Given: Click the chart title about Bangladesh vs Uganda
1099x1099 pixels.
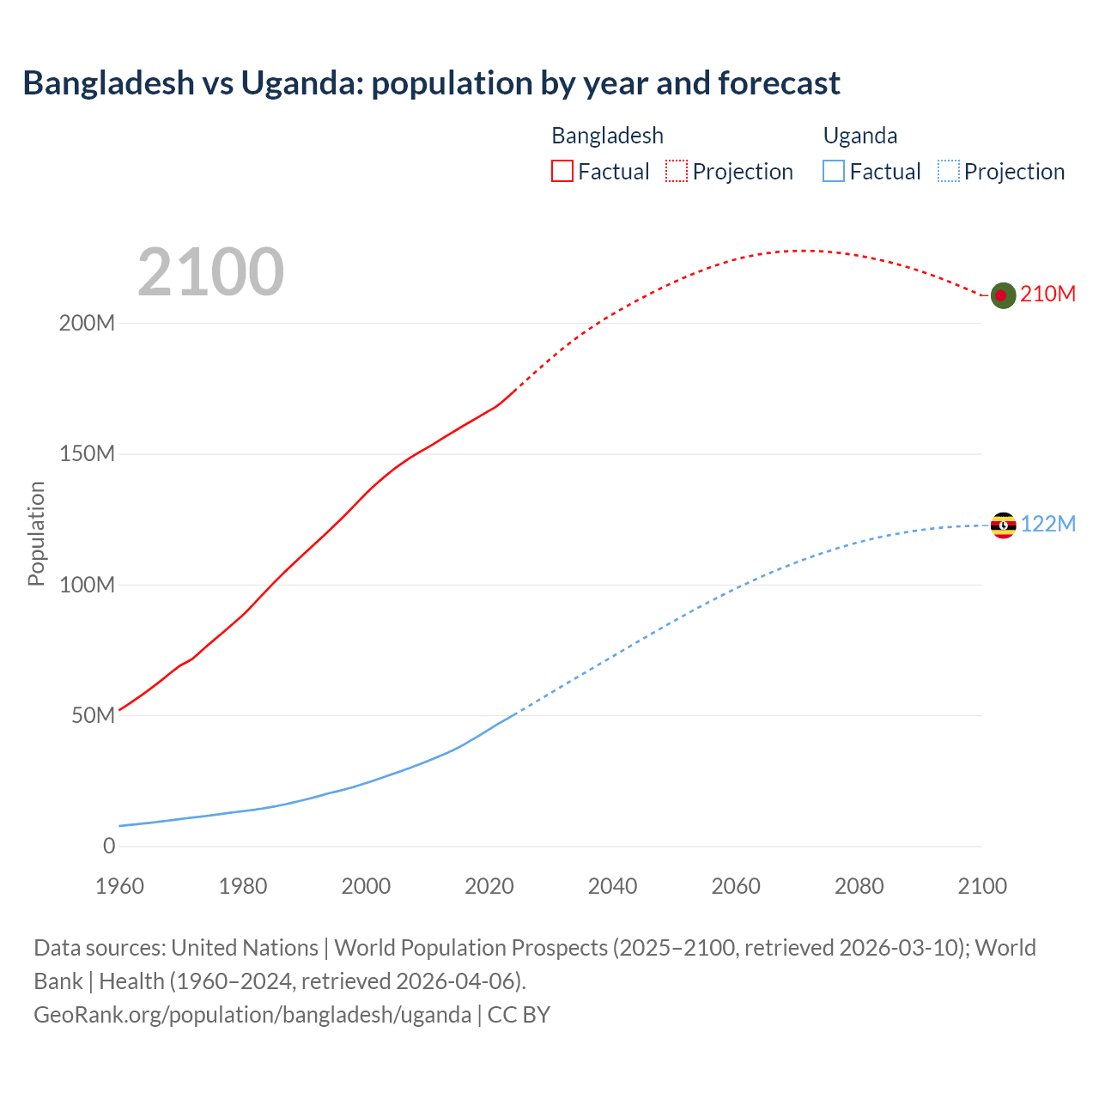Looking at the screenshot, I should (431, 83).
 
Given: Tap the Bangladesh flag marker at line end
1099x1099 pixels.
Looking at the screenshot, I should (1003, 295).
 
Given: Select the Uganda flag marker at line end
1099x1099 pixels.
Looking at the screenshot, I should (1003, 525).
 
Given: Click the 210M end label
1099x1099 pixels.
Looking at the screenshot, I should (1047, 294).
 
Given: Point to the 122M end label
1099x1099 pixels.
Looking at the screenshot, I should (1047, 524).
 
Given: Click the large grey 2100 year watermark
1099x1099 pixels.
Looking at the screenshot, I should (210, 272).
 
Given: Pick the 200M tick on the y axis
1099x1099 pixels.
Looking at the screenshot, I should (87, 324).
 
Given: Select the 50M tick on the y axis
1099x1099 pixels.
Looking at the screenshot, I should (93, 716).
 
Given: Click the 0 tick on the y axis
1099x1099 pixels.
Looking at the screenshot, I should (109, 847).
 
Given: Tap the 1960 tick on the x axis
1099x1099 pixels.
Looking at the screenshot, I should (119, 886).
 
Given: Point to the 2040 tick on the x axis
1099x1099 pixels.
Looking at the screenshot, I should (612, 886).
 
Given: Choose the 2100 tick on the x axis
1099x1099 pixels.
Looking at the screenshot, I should (981, 886).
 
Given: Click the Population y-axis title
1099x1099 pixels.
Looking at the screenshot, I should (36, 533).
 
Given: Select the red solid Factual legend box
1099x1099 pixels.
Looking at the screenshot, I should (562, 171).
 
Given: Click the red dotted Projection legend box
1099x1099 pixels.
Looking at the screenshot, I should (677, 171).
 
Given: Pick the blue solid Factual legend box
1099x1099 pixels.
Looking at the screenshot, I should (834, 171).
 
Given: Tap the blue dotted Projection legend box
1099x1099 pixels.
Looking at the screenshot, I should (948, 171).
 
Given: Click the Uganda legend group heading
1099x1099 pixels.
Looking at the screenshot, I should (860, 136).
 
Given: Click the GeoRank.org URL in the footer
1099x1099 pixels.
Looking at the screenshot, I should (252, 1015).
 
